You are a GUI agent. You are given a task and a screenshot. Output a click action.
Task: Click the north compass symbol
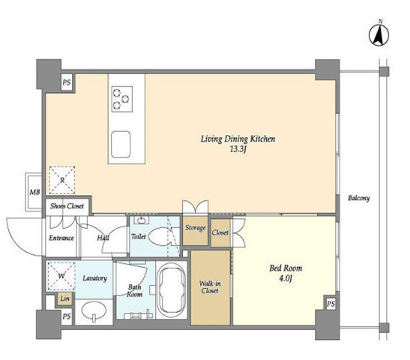tap(379, 35)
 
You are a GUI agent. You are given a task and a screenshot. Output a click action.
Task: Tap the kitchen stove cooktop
tap(122, 99)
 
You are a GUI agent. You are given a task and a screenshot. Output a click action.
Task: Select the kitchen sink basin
tap(121, 145)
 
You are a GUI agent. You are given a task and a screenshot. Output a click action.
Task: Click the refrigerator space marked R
tap(62, 180)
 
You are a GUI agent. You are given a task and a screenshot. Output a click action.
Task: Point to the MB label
tap(34, 192)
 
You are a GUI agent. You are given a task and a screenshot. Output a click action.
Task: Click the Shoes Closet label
tap(67, 206)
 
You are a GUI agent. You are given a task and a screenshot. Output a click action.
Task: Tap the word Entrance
tap(61, 238)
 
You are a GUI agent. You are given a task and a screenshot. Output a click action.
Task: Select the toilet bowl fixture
tap(158, 236)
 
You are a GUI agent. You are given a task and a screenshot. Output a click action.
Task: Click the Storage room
tap(195, 230)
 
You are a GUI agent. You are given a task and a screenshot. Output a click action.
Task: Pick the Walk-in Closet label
tap(210, 287)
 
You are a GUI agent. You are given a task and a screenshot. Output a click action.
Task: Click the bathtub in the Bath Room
tap(172, 289)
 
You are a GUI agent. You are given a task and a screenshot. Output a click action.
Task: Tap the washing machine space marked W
tap(61, 276)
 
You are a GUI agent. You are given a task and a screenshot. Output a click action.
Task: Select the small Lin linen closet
tap(65, 299)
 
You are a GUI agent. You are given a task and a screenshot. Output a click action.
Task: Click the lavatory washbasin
tap(94, 310)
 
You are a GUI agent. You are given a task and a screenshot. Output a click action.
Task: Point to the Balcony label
tap(359, 198)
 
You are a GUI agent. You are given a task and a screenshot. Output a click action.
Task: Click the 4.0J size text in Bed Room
tap(286, 278)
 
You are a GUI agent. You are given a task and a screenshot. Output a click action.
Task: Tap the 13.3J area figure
tap(238, 149)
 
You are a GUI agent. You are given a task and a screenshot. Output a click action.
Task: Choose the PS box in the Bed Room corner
tap(331, 304)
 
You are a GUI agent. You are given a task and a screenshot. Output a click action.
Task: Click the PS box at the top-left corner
tap(67, 82)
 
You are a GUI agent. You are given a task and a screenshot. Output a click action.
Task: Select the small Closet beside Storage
tap(220, 232)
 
